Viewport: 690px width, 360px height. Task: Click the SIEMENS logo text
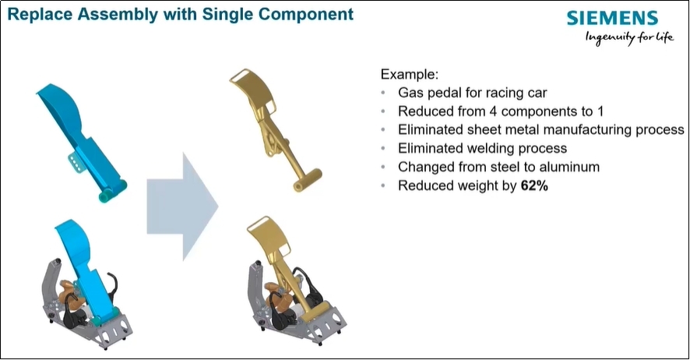[612, 18]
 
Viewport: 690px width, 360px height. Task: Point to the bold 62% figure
[534, 186]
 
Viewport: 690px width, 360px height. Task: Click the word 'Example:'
[409, 75]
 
